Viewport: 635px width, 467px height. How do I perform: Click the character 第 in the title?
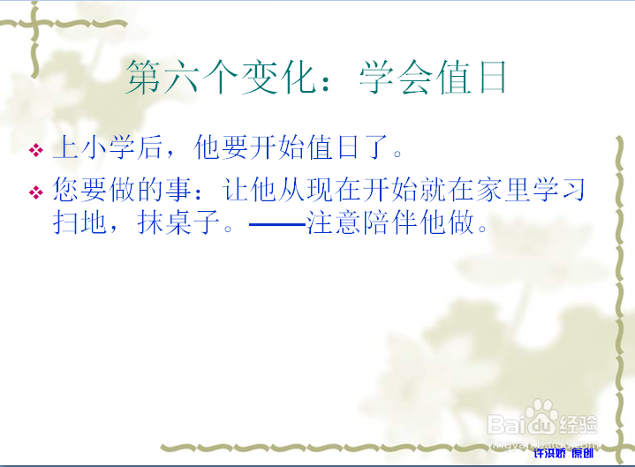coord(144,77)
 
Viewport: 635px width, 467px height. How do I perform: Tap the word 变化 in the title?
coord(279,77)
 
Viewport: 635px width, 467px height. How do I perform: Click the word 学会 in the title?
coord(396,77)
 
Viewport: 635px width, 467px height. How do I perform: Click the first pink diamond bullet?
coord(36,150)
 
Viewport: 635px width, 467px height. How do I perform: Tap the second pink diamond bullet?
coord(36,192)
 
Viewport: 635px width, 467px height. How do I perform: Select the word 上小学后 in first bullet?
coord(108,147)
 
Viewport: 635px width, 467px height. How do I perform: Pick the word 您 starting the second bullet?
coord(66,190)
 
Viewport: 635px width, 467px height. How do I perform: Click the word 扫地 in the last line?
coord(79,222)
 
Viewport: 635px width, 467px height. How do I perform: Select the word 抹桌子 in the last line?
coord(178,222)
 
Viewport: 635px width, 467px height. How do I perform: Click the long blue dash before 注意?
coord(277,223)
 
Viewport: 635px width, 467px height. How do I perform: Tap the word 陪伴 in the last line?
coord(390,222)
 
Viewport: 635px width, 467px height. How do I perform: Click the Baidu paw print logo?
coord(542,416)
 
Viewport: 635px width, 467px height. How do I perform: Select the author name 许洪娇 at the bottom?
coord(549,453)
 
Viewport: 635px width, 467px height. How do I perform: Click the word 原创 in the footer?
coord(583,453)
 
